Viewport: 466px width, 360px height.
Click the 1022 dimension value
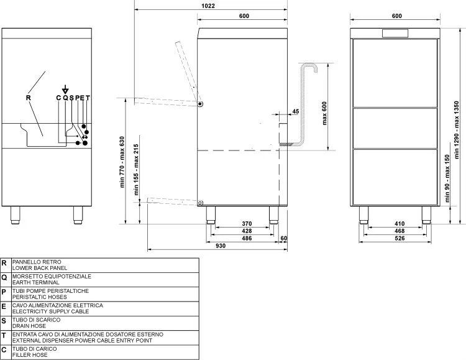pyautogui.click(x=208, y=6)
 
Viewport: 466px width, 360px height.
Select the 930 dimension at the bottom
pyautogui.click(x=220, y=246)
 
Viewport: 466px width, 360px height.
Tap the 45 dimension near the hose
pyautogui.click(x=295, y=111)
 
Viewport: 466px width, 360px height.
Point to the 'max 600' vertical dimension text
pyautogui.click(x=324, y=113)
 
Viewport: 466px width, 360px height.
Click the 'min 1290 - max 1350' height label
pyautogui.click(x=457, y=130)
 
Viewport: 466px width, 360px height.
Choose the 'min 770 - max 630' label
pyautogui.click(x=122, y=162)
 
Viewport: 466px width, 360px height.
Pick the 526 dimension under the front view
pyautogui.click(x=400, y=238)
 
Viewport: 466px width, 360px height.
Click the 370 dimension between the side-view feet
pyautogui.click(x=247, y=223)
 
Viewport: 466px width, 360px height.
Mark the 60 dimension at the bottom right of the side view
pyautogui.click(x=284, y=238)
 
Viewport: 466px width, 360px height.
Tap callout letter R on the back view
pyautogui.click(x=29, y=98)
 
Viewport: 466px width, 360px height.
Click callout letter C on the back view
pyautogui.click(x=58, y=98)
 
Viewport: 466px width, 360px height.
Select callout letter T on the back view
pyautogui.click(x=88, y=98)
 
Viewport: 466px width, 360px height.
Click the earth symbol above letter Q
pyautogui.click(x=65, y=90)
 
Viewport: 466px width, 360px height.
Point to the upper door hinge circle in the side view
pyautogui.click(x=200, y=104)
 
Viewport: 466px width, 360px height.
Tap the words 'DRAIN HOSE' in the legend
pyautogui.click(x=29, y=326)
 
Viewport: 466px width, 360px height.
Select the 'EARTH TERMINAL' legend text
pyautogui.click(x=35, y=282)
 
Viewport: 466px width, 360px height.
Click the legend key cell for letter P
pyautogui.click(x=6, y=294)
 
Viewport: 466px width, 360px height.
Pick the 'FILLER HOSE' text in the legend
pyautogui.click(x=30, y=354)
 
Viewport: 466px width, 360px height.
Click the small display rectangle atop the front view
pyautogui.click(x=395, y=34)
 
